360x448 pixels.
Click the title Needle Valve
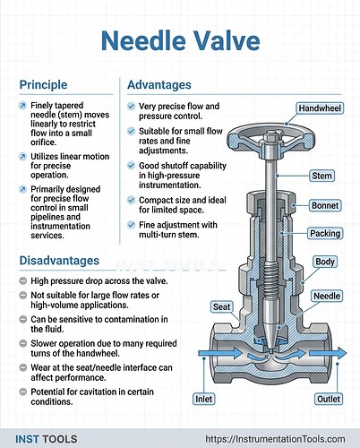[179, 39]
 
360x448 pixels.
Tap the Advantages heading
[159, 85]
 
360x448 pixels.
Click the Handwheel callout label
[319, 108]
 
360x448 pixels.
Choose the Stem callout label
[322, 176]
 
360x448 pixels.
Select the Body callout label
[325, 261]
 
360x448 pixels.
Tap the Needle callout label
[325, 295]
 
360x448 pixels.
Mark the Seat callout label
[222, 306]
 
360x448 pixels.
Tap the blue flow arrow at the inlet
[219, 355]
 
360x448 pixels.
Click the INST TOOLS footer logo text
[47, 439]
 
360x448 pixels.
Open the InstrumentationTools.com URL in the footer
[275, 439]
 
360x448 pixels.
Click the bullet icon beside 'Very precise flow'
[131, 107]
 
